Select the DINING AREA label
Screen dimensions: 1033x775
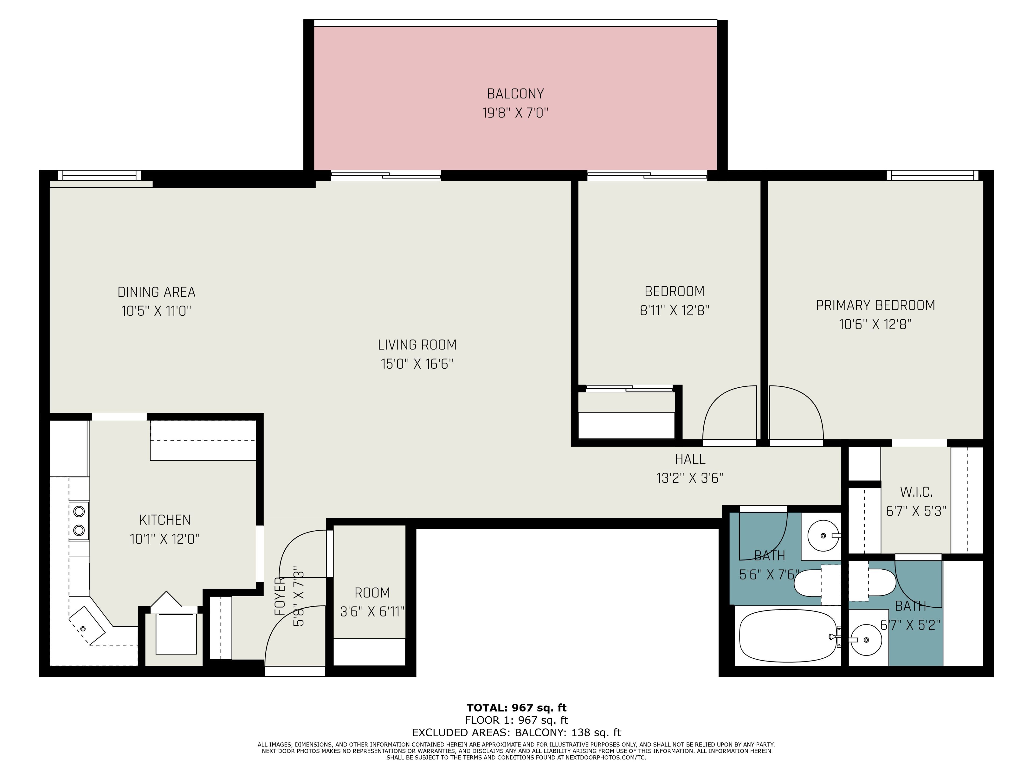point(157,293)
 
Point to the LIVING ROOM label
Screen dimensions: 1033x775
point(417,345)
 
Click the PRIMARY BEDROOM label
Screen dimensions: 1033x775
point(876,305)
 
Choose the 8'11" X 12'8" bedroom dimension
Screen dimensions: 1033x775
point(674,311)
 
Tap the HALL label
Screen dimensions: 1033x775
point(690,460)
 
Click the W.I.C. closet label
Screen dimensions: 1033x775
point(916,492)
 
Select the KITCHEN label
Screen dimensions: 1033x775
point(165,520)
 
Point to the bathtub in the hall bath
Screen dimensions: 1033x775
point(788,636)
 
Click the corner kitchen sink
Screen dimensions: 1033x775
point(87,626)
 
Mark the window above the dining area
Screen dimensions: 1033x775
point(99,176)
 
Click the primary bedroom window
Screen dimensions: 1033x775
point(932,176)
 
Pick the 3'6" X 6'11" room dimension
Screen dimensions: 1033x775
point(372,612)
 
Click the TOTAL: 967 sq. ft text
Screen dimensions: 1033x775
point(516,708)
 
